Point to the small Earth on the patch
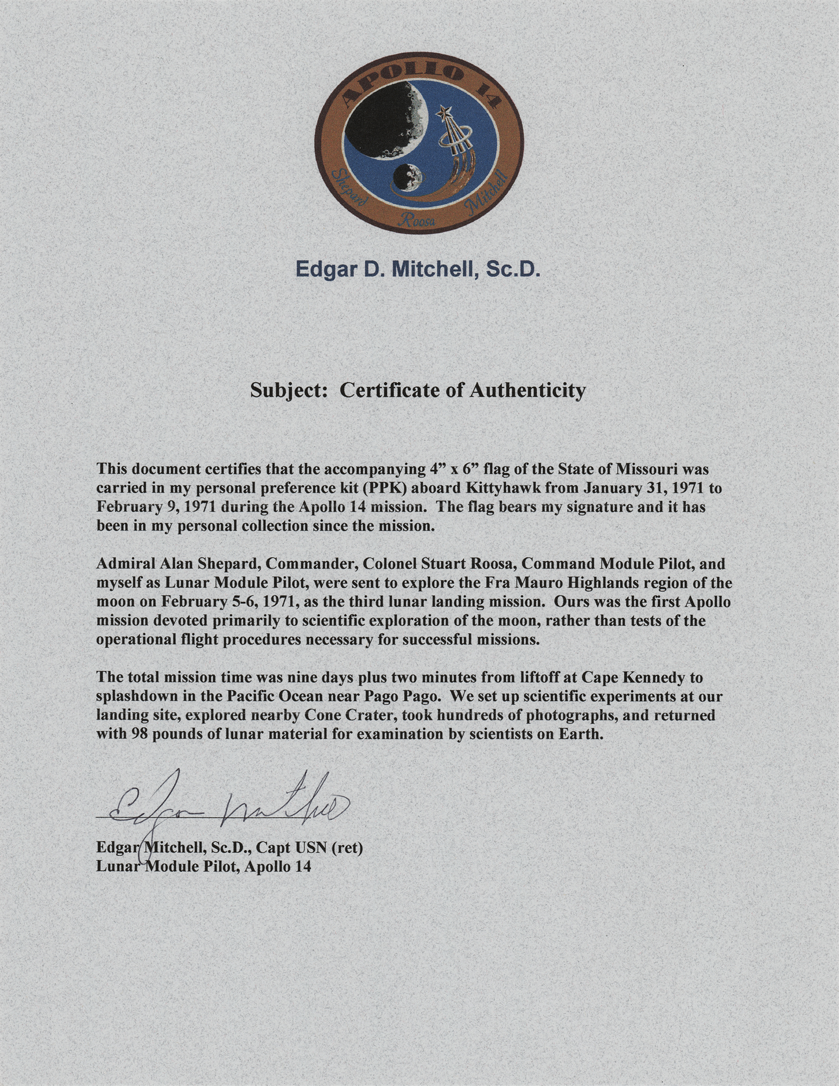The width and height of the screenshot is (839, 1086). coord(408,178)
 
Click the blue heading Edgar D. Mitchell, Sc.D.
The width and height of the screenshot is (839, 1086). coord(417,269)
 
